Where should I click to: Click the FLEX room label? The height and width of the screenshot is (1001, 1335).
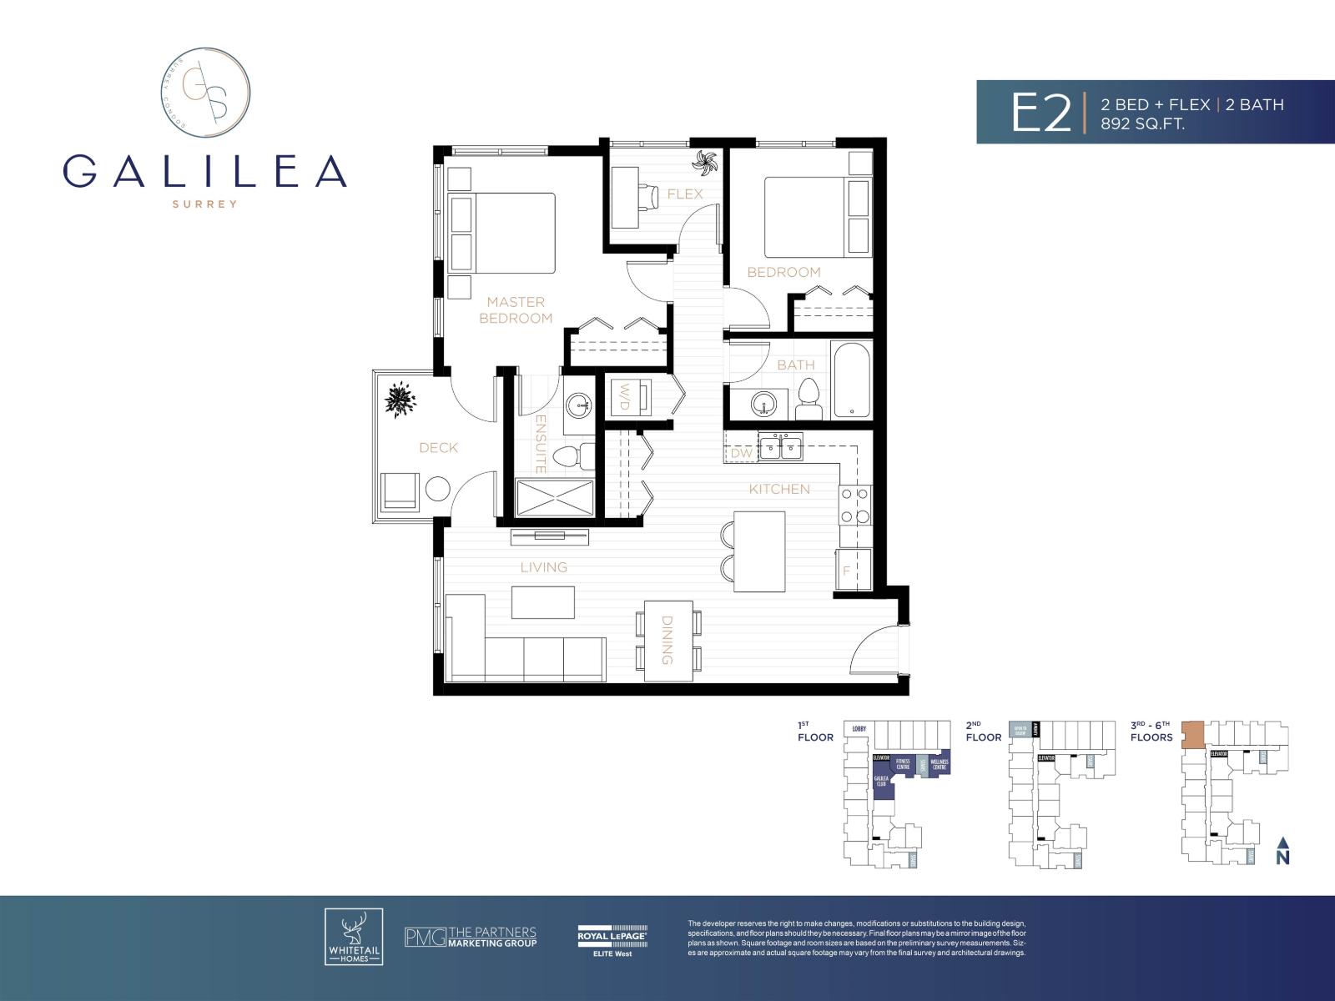685,194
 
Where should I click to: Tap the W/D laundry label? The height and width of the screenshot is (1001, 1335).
623,396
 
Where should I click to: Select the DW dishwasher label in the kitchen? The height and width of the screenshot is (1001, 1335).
742,453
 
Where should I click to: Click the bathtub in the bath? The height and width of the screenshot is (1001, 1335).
851,379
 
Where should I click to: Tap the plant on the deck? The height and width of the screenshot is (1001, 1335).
401,399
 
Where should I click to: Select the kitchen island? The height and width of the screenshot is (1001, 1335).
759,551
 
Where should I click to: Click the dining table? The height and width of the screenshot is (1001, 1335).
668,641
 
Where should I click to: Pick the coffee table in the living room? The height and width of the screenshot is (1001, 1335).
543,602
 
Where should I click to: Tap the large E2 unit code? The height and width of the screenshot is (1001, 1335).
1040,113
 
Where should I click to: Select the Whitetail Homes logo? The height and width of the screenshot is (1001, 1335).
354,937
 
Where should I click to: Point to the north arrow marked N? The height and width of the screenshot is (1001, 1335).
1283,851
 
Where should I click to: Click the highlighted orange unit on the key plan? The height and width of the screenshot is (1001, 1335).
1194,734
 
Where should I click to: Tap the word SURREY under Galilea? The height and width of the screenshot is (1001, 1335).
204,204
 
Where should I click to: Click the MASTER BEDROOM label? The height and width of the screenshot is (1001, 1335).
516,309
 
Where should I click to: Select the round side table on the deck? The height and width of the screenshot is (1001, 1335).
437,489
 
